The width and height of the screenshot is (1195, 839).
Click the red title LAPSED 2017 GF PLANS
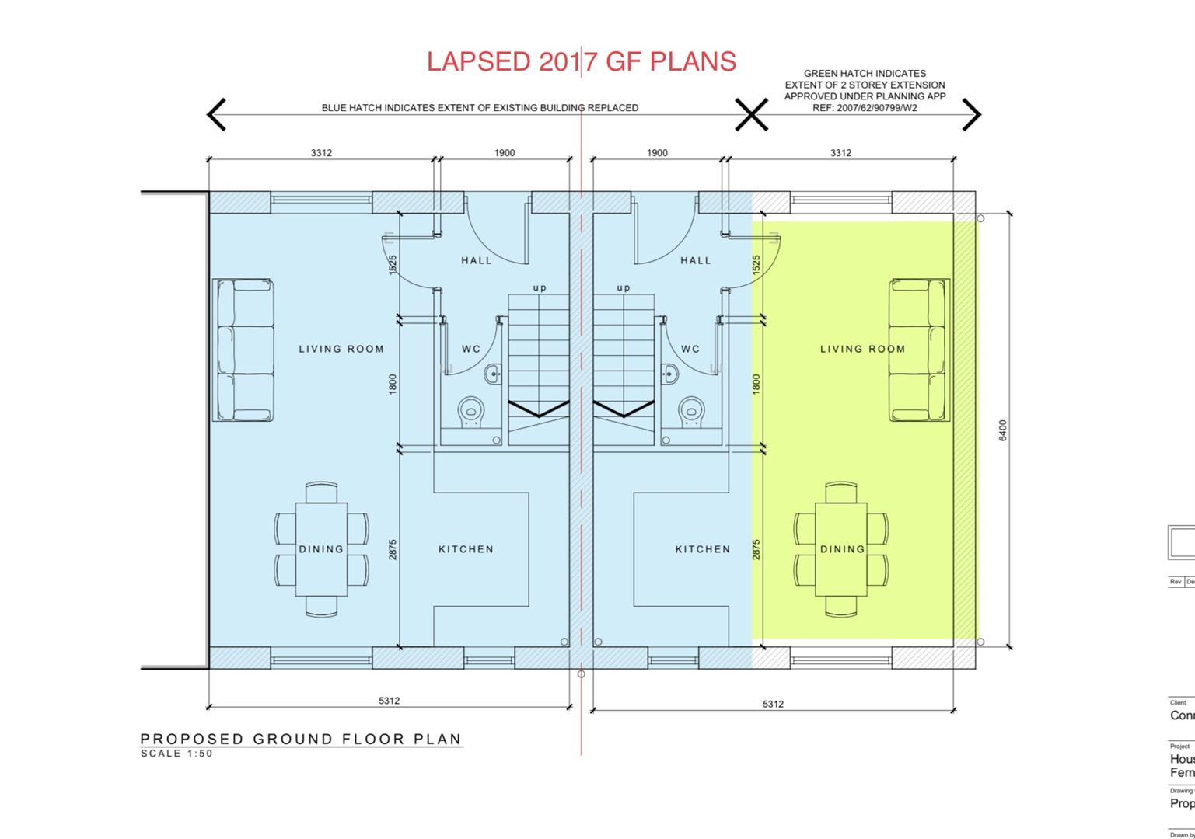(581, 61)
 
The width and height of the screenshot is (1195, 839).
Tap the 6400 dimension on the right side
(1003, 430)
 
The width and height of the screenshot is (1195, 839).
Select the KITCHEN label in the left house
(466, 549)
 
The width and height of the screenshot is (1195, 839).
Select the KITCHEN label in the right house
(703, 549)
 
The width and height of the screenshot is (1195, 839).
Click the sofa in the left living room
(243, 350)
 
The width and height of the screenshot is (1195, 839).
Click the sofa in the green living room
(919, 350)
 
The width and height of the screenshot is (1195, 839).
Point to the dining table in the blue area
(321, 548)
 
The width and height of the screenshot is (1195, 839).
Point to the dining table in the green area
(841, 548)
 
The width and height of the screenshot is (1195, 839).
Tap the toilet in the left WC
(470, 413)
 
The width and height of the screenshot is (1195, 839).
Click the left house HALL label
(477, 261)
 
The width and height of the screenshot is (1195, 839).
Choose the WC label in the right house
(690, 350)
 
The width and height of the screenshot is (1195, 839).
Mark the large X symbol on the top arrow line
(752, 115)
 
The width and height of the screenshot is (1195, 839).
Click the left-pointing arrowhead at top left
(216, 114)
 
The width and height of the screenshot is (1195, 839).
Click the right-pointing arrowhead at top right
(972, 114)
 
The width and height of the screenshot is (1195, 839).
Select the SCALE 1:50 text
(176, 754)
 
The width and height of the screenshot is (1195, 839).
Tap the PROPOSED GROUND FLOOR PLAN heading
(301, 739)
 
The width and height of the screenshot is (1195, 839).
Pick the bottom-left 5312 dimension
(389, 701)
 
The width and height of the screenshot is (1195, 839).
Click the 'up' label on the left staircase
(540, 288)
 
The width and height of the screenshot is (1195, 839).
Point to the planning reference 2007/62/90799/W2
(865, 108)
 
